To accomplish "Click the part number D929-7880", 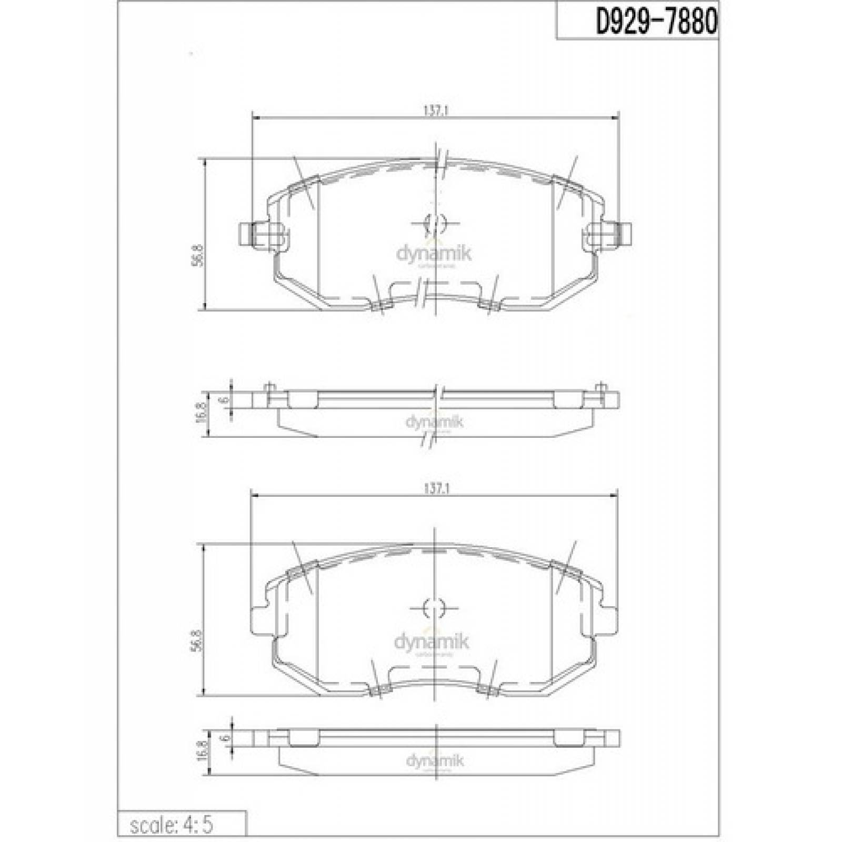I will coord(656,22).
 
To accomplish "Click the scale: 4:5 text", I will coord(172,825).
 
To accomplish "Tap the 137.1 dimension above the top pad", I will coord(435,111).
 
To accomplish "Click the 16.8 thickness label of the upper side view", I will coord(200,414).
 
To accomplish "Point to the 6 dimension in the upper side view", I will coord(225,400).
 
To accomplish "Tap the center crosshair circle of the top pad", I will coord(435,223).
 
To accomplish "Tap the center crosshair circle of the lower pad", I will coord(434,608).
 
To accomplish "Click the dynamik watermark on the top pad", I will coord(434,254).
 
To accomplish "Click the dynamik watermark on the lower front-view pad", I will coord(432,641).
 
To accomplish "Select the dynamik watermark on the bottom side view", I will coord(435,760).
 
